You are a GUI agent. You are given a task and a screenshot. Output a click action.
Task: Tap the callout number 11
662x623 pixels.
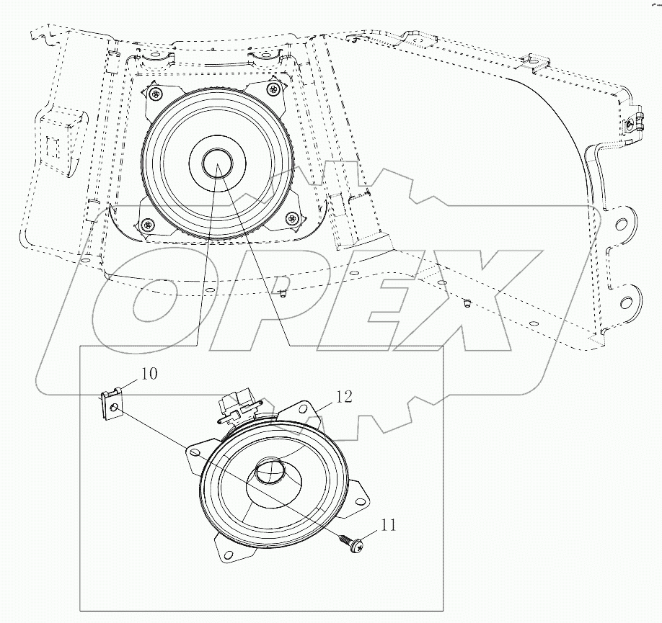pyautogui.click(x=389, y=526)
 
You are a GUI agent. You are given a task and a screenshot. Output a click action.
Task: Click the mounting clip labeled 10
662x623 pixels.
pyautogui.click(x=110, y=403)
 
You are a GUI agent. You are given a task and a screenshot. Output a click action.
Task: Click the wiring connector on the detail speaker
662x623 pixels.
pyautogui.click(x=237, y=405)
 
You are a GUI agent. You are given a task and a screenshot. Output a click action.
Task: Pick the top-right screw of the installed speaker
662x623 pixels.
pyautogui.click(x=273, y=89)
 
